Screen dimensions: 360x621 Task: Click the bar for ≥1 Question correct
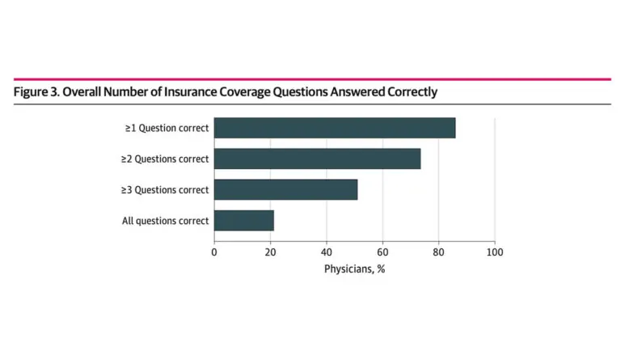[x=335, y=128]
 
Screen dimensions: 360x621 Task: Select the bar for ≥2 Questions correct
[x=317, y=159]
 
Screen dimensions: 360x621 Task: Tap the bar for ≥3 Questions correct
[x=285, y=189]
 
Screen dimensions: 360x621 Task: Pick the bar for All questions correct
[x=244, y=220]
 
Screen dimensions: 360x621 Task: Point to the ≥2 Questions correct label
[x=165, y=159]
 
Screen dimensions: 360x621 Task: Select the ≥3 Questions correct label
[x=165, y=189]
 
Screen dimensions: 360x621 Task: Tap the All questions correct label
[x=166, y=220]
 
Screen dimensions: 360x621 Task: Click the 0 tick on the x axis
[x=214, y=252]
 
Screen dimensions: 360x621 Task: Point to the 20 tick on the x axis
[x=270, y=252]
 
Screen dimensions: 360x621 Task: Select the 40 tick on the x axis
[x=327, y=252]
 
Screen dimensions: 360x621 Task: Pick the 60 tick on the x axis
[x=382, y=252]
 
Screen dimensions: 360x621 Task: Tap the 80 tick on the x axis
[x=438, y=252]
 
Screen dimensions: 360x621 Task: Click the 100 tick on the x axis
[x=495, y=252]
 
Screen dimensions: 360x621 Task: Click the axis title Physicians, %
[x=354, y=269]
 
